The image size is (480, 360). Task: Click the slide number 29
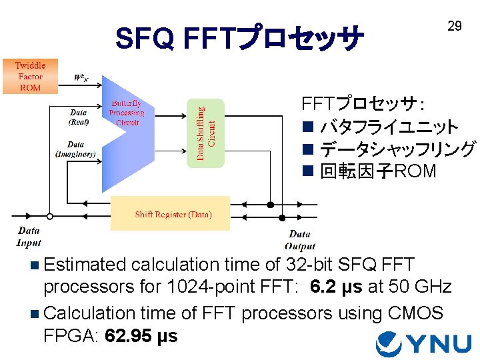(x=454, y=27)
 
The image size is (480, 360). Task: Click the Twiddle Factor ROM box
(x=30, y=76)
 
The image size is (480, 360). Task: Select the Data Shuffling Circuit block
(x=206, y=133)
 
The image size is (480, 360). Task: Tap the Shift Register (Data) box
(x=170, y=214)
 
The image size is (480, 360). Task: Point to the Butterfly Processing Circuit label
(x=126, y=113)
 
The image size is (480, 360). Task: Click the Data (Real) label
(x=79, y=117)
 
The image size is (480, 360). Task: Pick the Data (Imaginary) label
(x=75, y=149)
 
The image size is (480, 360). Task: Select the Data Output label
(x=299, y=239)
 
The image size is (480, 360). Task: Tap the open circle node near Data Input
(x=49, y=215)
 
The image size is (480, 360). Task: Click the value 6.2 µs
(x=336, y=287)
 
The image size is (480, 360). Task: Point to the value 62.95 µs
(x=141, y=335)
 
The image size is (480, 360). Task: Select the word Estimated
(x=85, y=264)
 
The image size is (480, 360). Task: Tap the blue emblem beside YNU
(x=389, y=343)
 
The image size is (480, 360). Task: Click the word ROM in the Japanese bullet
(x=415, y=171)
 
